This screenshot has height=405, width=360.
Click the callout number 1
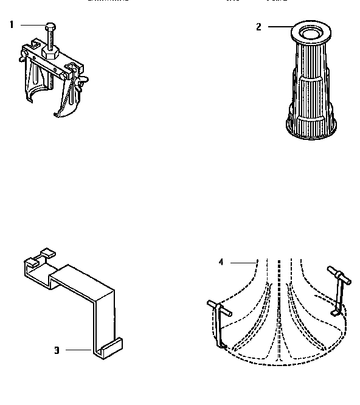pos(11,24)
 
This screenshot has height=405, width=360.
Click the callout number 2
pos(258,27)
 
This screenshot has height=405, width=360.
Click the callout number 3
pos(57,350)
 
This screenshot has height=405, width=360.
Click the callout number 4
pos(221,262)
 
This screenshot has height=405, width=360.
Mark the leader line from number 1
pos(32,24)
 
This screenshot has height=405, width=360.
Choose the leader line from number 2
pos(280,26)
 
